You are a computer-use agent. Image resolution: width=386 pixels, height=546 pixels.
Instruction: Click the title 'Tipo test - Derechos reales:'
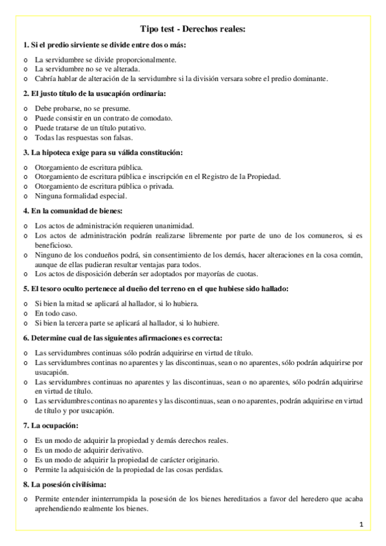193,29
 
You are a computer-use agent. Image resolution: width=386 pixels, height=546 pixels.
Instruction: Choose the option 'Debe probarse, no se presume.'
82,108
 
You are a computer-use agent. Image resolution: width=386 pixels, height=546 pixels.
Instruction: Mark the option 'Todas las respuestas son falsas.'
84,137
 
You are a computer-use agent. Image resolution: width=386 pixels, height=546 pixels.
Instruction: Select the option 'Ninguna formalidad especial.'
81,196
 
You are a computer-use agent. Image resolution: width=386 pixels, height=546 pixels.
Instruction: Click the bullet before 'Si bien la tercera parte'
25,323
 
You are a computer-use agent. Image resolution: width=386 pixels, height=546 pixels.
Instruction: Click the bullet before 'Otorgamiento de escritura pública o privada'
25,186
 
